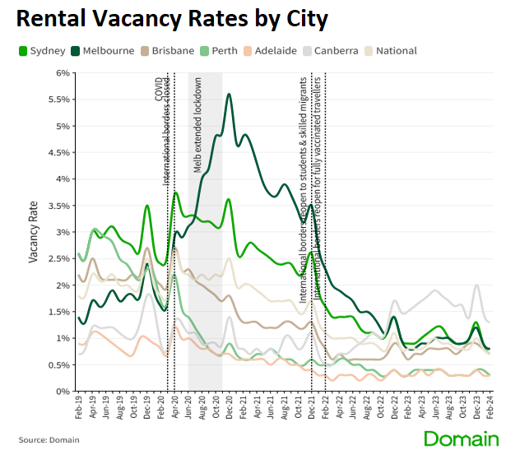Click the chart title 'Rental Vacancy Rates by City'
pos(171,20)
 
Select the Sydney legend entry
pos(41,51)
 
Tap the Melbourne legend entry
pos(102,51)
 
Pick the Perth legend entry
pos(219,51)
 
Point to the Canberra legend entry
pos(329,51)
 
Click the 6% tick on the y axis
pos(63,73)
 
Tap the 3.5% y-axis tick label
pos(60,206)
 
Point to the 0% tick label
pos(63,392)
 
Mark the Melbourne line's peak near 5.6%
pos(228,95)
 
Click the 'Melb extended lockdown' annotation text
pos(198,124)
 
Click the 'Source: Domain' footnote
pos(49,440)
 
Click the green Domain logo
pos(461,438)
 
